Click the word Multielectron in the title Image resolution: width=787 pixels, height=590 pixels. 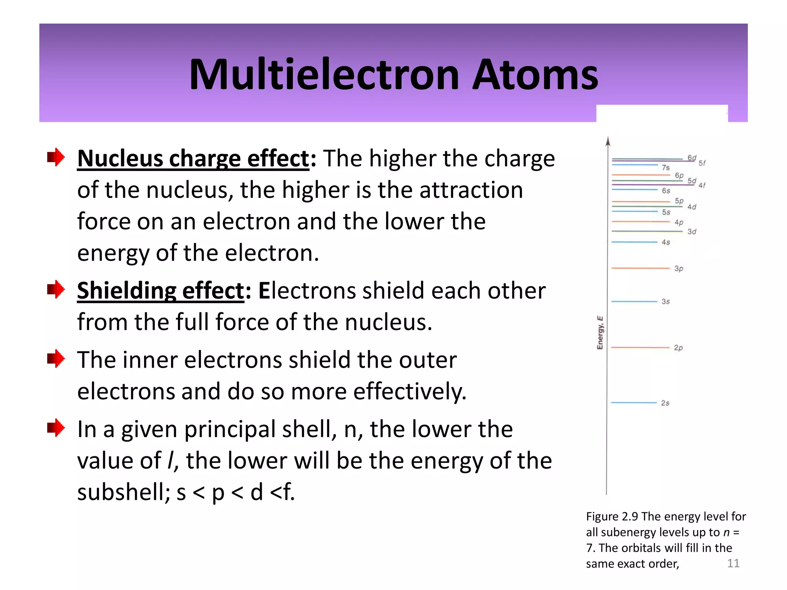pos(324,75)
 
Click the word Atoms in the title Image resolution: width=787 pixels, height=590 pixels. pos(535,75)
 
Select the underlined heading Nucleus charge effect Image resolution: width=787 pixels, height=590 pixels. pos(193,158)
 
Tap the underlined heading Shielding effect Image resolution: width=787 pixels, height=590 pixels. pos(161,290)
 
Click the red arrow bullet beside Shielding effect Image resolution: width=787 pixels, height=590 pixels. pos(56,289)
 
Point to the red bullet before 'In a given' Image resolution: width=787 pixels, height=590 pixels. pos(56,428)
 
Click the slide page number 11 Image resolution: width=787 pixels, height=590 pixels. pos(733,563)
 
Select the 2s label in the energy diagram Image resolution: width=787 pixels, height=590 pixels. pos(665,403)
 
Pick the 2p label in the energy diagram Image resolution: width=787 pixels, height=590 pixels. pos(678,348)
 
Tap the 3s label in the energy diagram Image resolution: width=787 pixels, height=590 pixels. pos(666,302)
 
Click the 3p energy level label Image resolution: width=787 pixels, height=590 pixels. pos(679,268)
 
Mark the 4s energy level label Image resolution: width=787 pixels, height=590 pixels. pos(666,242)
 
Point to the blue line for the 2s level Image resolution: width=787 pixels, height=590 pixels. pos(634,403)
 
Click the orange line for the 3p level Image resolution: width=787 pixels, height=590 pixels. pos(640,268)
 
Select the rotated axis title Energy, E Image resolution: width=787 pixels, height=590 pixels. pos(600,333)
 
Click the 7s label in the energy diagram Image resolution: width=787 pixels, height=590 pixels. pos(666,167)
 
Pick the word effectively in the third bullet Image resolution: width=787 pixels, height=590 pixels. pos(409,392)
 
